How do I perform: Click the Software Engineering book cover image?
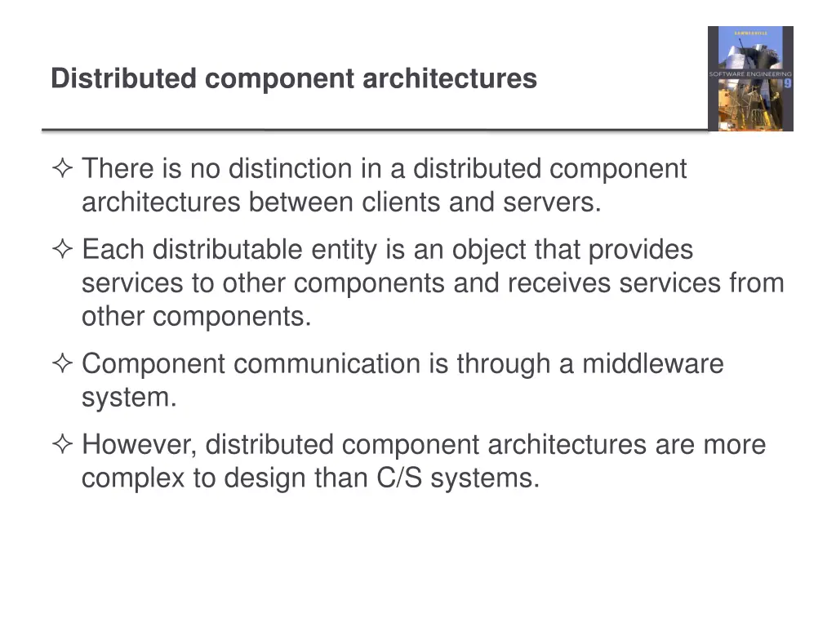[749, 78]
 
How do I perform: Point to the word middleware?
[652, 363]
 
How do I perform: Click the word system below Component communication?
[128, 398]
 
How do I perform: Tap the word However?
[139, 445]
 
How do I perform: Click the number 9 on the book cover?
[787, 84]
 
